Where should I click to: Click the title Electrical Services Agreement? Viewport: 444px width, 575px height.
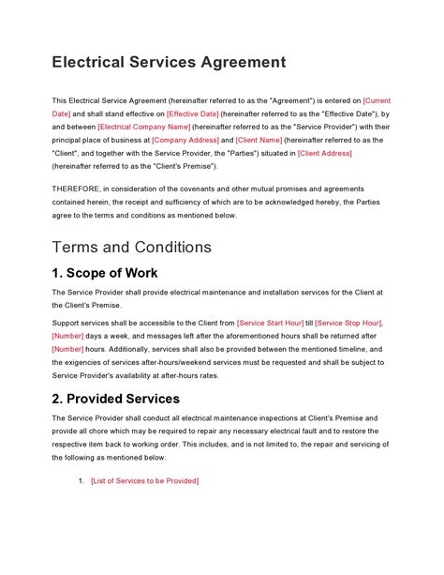168,63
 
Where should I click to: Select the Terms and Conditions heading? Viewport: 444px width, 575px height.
132,248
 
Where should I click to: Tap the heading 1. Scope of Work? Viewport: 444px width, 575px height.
105,274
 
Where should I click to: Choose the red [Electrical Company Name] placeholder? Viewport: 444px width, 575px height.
143,126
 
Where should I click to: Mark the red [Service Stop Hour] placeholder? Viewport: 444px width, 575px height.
354,323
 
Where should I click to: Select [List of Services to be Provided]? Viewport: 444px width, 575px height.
144,480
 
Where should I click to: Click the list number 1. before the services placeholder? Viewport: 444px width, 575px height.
81,480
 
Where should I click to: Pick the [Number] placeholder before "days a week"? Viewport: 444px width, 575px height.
68,336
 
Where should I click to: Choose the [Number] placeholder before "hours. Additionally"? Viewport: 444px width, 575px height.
68,349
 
